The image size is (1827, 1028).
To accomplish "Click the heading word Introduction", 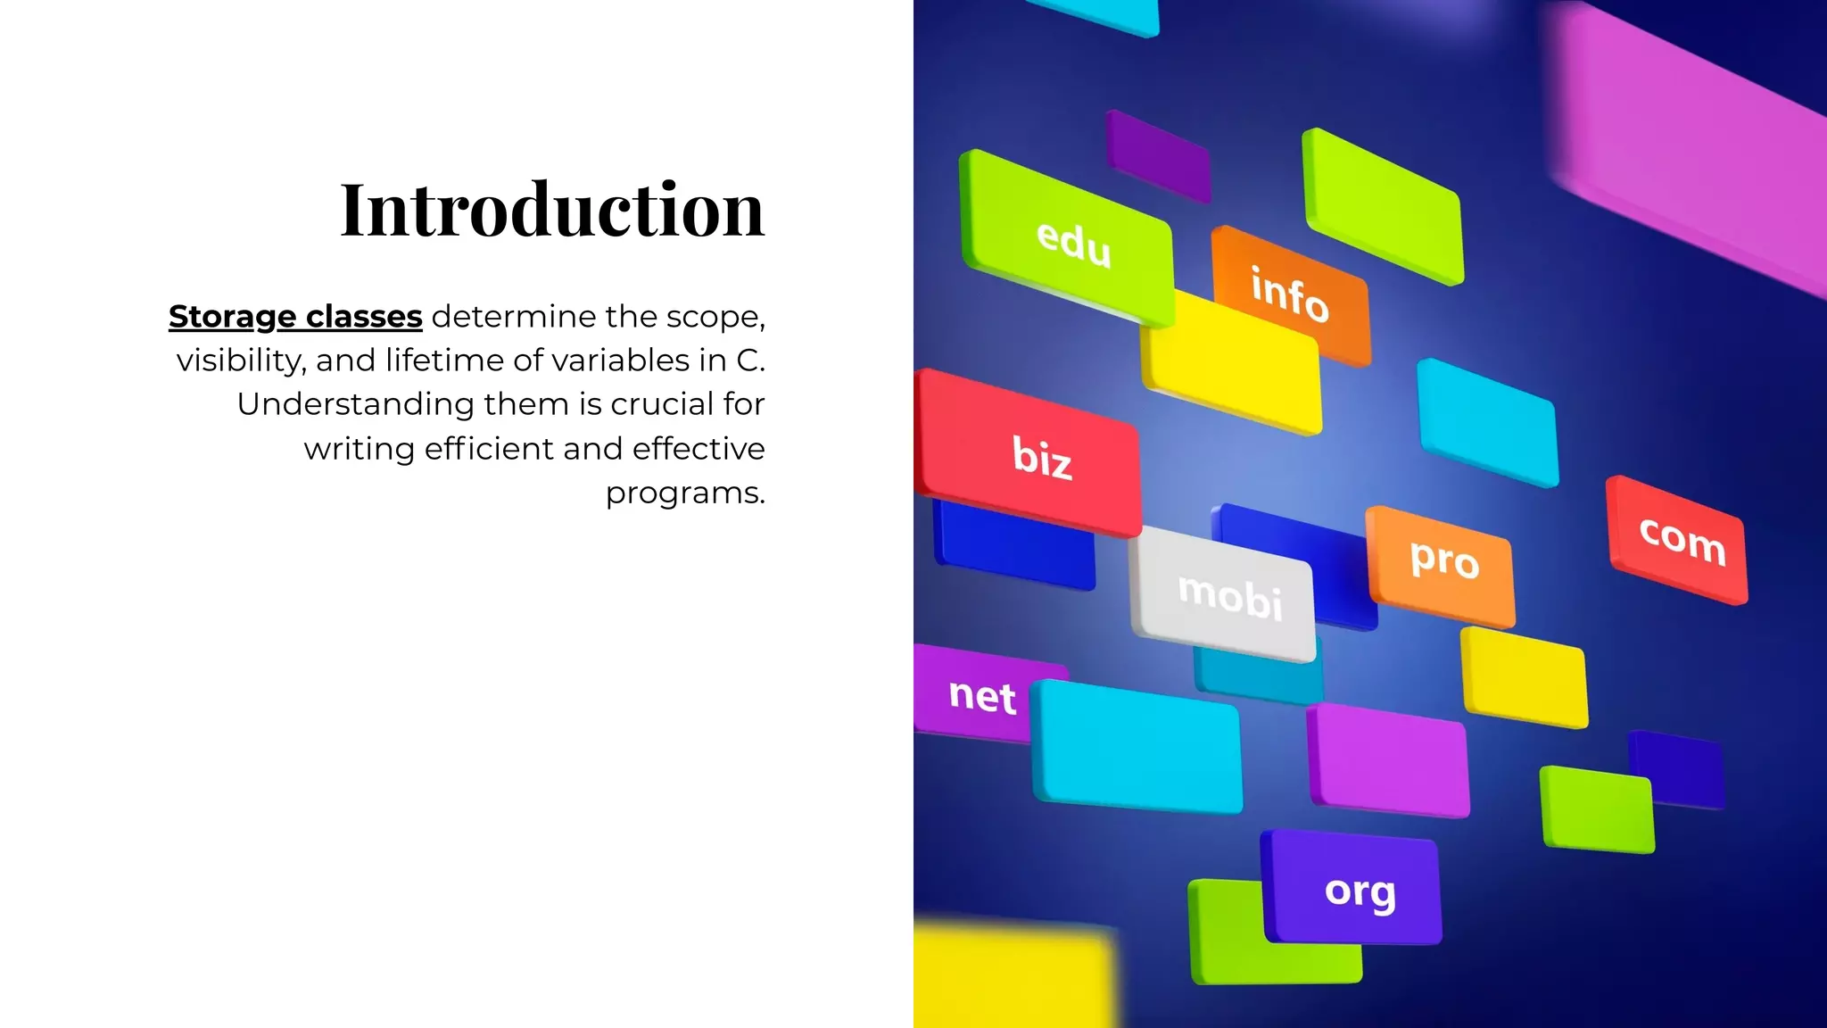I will (x=552, y=210).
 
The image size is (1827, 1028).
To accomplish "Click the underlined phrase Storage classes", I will (x=295, y=317).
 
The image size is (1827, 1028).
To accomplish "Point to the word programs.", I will (x=684, y=493).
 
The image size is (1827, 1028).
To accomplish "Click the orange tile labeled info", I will (x=1289, y=294).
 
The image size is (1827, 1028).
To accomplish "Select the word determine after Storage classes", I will (x=513, y=317).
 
